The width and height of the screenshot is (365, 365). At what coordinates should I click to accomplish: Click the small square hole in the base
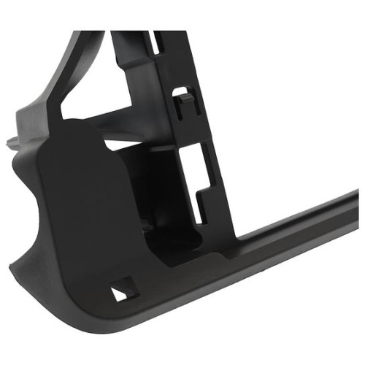click(x=120, y=291)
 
